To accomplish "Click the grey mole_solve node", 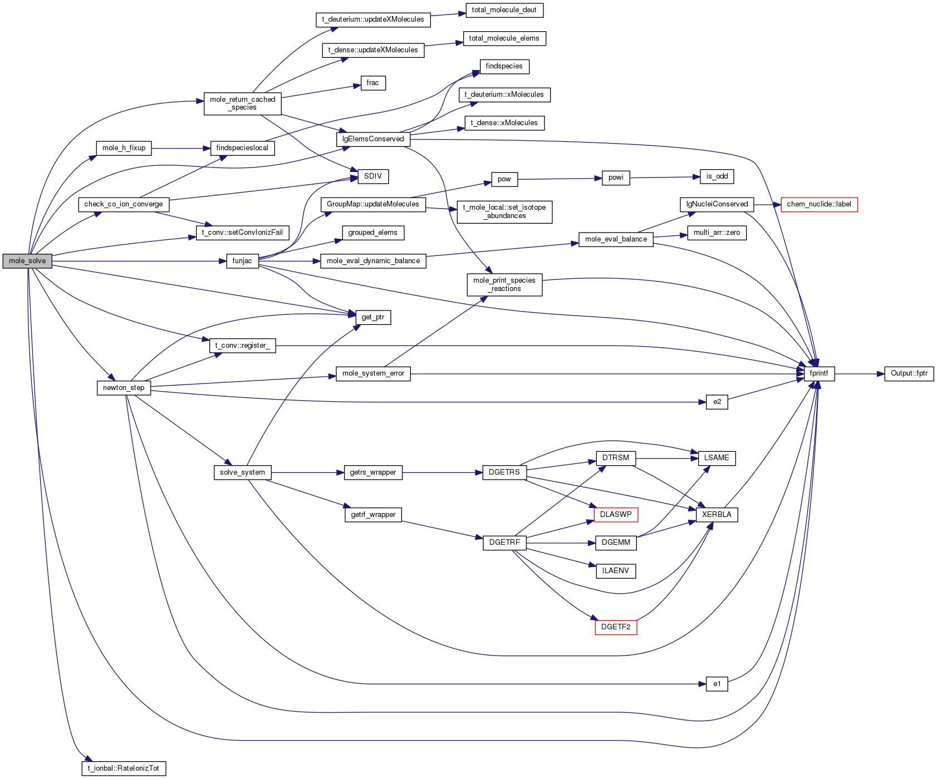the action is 27,261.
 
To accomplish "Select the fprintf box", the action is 819,373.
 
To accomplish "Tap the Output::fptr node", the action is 909,373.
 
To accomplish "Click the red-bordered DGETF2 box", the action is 616,627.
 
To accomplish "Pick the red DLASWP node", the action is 616,515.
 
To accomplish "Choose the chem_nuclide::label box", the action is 819,204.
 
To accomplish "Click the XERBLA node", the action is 717,515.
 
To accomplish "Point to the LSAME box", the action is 717,458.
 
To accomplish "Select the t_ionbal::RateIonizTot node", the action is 124,768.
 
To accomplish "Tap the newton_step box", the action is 124,388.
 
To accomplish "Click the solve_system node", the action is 242,472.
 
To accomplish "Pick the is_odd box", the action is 717,176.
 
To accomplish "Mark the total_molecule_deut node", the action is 504,10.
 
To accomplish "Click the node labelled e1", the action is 717,684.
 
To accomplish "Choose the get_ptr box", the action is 373,317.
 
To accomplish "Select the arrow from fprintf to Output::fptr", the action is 860,374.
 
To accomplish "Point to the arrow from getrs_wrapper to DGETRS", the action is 443,472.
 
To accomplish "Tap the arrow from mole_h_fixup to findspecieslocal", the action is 181,149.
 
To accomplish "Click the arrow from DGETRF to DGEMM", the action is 561,543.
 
